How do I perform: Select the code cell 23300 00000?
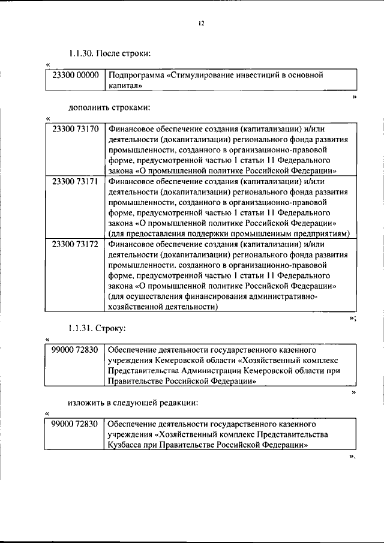click(x=75, y=76)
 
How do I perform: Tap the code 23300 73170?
click(x=75, y=129)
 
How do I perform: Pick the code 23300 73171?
click(x=75, y=181)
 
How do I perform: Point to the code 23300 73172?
click(x=75, y=244)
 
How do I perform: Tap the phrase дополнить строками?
click(x=109, y=108)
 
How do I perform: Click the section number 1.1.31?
click(x=82, y=329)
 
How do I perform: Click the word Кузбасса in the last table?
click(x=125, y=445)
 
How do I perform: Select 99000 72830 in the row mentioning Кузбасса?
click(x=75, y=424)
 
